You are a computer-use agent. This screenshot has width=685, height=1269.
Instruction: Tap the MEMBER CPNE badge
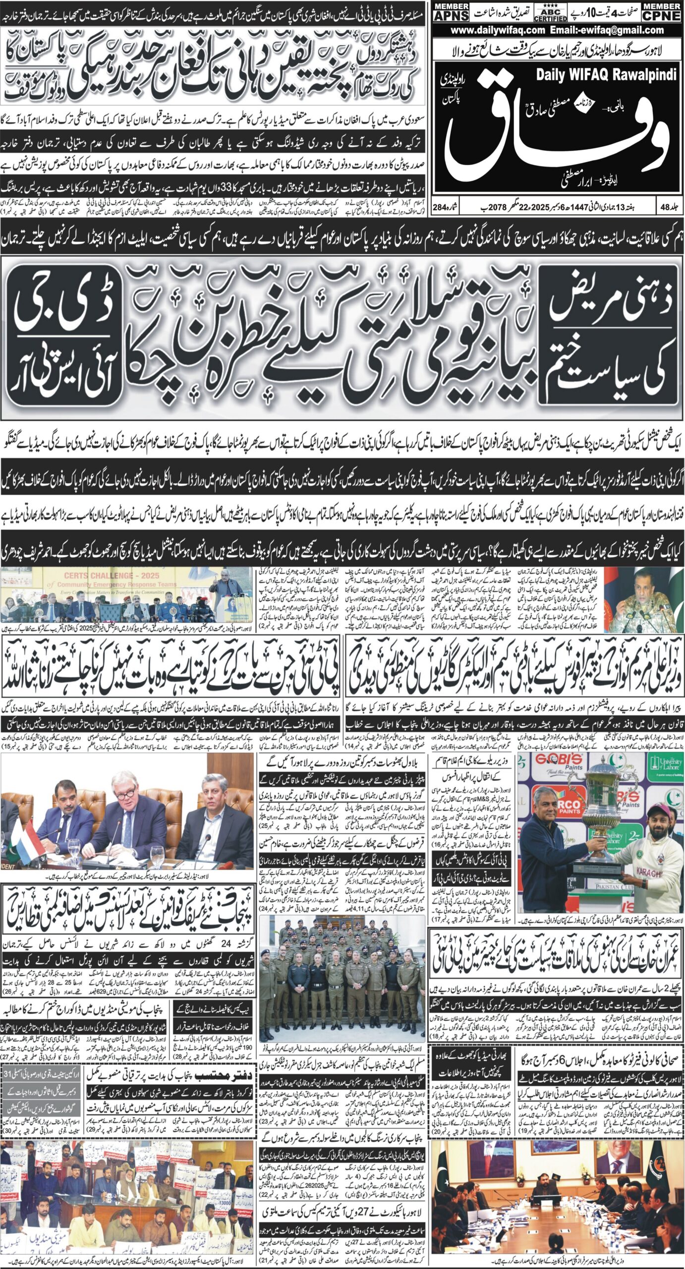click(661, 11)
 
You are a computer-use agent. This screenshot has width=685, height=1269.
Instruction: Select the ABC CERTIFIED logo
click(550, 13)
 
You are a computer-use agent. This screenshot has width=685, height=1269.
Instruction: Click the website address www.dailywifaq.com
click(498, 30)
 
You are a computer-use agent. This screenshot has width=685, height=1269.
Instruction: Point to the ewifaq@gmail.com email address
click(624, 30)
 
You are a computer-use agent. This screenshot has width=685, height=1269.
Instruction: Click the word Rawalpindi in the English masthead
click(644, 75)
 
